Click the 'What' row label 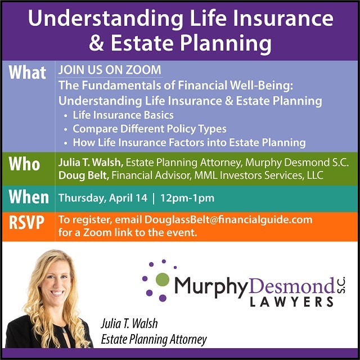point(28,73)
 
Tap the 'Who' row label point(24,164)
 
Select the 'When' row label point(29,197)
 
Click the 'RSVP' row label point(26,222)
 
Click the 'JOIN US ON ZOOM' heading point(110,70)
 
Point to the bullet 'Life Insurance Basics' point(123,115)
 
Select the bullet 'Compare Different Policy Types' point(150,129)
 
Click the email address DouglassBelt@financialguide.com point(228,220)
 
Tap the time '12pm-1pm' point(187,198)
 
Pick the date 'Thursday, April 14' point(103,198)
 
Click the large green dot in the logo point(163,280)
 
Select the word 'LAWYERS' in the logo point(291,301)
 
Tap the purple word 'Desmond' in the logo point(291,286)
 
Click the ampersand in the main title point(96,43)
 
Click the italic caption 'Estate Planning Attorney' point(154,339)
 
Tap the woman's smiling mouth point(57,293)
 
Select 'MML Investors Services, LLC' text point(259,175)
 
